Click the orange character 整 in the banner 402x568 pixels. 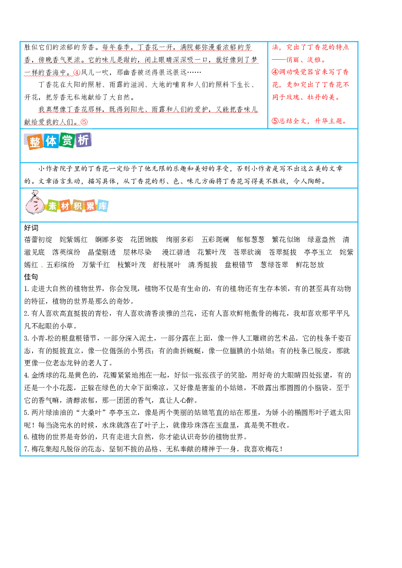tap(35, 142)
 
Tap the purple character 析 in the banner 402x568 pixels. tap(83, 140)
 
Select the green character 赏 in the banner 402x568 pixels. tap(67, 140)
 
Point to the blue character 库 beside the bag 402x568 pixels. tap(103, 206)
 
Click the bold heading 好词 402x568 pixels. tap(31, 228)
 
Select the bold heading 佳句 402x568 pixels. tap(31, 277)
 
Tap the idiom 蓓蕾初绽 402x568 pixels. tap(38, 240)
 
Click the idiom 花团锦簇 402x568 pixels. tap(144, 240)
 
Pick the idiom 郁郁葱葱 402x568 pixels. tap(250, 240)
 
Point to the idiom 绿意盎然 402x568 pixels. tap(321, 240)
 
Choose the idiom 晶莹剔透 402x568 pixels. tap(102, 253)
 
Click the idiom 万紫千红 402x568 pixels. tap(96, 265)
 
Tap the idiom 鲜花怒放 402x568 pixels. tap(310, 265)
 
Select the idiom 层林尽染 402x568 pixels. tap(138, 253)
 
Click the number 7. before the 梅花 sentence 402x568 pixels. tap(27, 449)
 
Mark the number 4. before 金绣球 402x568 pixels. tap(27, 375)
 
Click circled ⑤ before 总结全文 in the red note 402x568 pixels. tap(276, 121)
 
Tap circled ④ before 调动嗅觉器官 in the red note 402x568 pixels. tap(276, 72)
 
